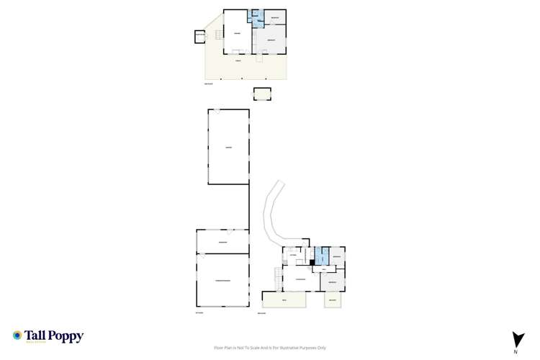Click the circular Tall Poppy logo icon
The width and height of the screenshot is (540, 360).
click(x=17, y=336)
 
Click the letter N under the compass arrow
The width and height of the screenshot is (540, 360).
click(x=516, y=352)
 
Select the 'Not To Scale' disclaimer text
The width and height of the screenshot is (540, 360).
click(x=271, y=347)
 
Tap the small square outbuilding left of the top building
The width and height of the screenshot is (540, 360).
click(x=199, y=36)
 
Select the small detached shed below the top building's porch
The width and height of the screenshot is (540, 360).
click(x=262, y=94)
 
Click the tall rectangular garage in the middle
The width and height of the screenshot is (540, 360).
click(x=228, y=147)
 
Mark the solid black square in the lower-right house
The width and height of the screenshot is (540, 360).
click(x=312, y=262)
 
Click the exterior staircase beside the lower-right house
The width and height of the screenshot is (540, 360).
click(x=276, y=275)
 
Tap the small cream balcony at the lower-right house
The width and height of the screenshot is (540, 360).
click(x=332, y=300)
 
